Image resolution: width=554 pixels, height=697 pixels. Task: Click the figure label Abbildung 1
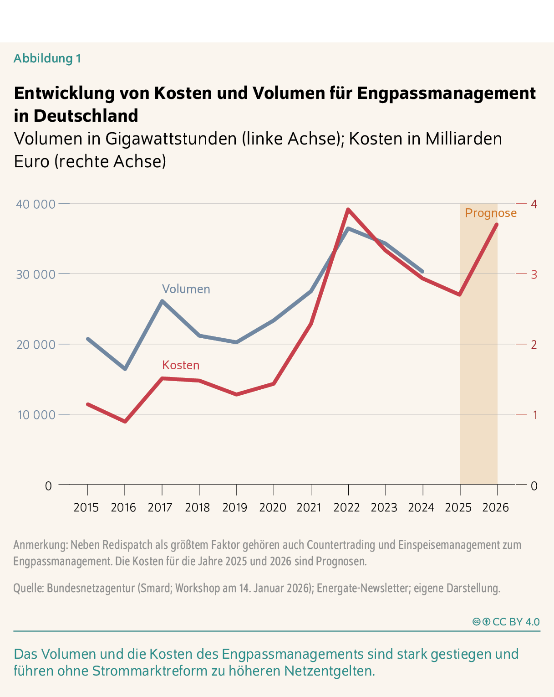coord(47,58)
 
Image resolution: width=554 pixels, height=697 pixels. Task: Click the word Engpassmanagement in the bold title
coord(446,93)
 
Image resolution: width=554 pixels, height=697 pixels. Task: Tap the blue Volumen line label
coord(186,289)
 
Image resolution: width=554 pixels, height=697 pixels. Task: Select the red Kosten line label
coord(181,365)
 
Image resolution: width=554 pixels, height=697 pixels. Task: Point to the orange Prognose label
coord(491,213)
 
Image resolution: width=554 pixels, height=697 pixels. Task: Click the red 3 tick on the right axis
coord(534,274)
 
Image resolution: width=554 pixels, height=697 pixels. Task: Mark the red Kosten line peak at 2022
coord(348,210)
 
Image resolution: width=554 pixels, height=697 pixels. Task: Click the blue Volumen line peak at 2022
coord(348,228)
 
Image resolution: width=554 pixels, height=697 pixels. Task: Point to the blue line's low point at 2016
coord(125,369)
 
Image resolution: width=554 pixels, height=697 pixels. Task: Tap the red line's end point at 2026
coord(496,224)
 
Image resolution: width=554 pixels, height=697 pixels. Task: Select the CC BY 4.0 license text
coord(516,622)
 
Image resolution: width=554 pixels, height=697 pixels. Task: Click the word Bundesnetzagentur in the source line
coord(91,588)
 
